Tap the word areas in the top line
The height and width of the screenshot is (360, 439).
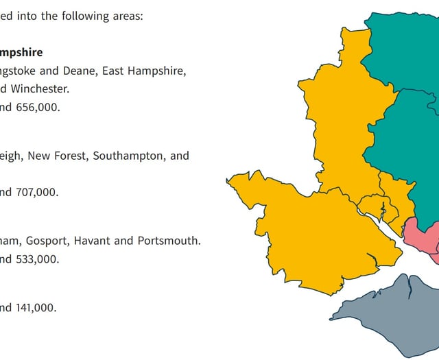[x=126, y=16]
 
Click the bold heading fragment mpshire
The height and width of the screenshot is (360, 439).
[x=21, y=52]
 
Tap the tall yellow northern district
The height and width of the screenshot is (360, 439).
[x=343, y=123]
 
